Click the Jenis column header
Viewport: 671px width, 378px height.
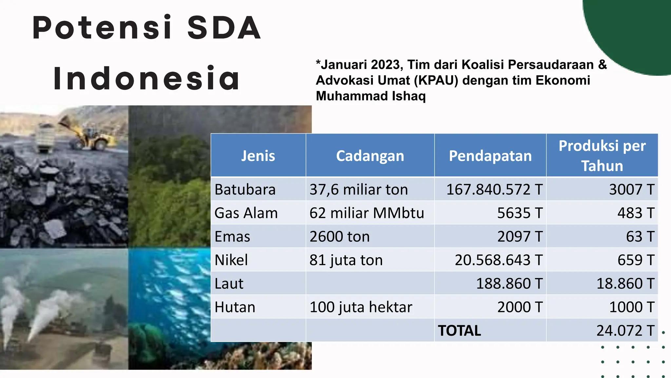258,156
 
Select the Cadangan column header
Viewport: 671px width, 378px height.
370,156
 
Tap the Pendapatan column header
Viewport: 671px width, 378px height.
490,156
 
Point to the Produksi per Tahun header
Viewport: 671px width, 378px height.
602,156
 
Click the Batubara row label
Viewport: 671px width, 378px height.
245,190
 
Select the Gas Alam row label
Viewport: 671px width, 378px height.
246,213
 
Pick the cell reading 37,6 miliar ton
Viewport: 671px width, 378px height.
358,190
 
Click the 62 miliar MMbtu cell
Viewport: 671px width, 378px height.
367,213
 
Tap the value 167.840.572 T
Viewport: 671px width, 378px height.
494,190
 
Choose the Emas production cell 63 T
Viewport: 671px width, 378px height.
640,237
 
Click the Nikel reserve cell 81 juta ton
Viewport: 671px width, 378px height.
346,260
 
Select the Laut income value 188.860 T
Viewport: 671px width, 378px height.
509,283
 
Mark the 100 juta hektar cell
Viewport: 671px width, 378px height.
361,307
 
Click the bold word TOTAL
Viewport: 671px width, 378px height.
459,331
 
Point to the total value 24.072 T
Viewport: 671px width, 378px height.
625,331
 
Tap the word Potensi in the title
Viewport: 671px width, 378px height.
102,28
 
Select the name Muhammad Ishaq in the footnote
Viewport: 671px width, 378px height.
371,96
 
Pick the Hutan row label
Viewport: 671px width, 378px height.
235,307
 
